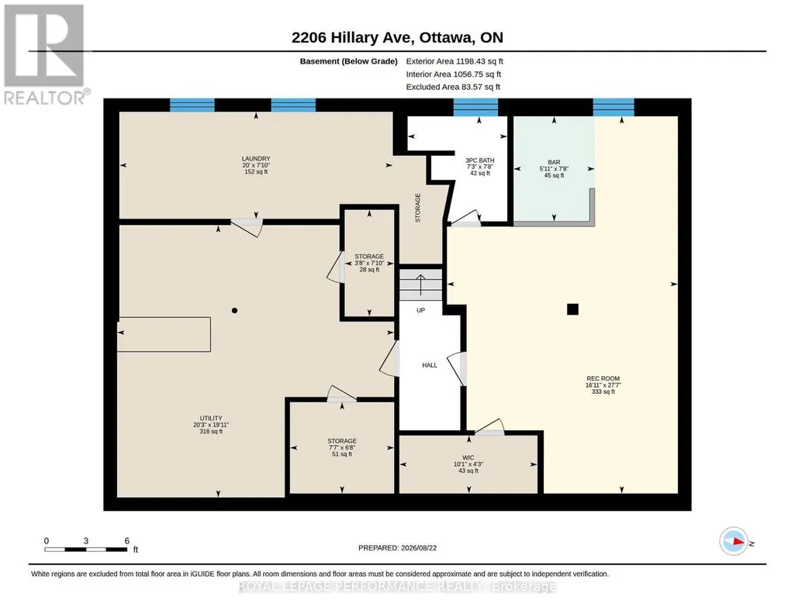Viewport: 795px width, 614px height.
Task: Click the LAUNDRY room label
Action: (x=256, y=159)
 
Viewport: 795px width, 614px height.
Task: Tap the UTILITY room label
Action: (x=211, y=419)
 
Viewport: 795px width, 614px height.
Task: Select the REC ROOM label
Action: (x=603, y=378)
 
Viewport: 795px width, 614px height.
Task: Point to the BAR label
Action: (x=554, y=163)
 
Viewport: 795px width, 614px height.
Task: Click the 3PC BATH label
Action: (x=479, y=160)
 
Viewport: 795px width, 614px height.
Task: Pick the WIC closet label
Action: (x=468, y=457)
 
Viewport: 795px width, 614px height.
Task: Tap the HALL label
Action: (x=430, y=365)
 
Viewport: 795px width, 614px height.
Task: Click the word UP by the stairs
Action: (x=421, y=310)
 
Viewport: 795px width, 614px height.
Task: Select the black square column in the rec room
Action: (x=573, y=309)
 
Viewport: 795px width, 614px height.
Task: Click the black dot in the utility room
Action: (x=235, y=311)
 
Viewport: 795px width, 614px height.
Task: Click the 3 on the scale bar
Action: (x=86, y=541)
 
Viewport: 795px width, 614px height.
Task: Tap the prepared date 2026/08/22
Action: (x=419, y=547)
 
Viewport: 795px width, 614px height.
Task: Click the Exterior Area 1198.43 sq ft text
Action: (x=455, y=61)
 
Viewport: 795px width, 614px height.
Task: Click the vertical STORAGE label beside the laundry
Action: (x=418, y=208)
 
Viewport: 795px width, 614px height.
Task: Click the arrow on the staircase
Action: (x=420, y=285)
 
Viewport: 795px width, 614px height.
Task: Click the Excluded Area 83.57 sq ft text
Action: (x=453, y=87)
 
